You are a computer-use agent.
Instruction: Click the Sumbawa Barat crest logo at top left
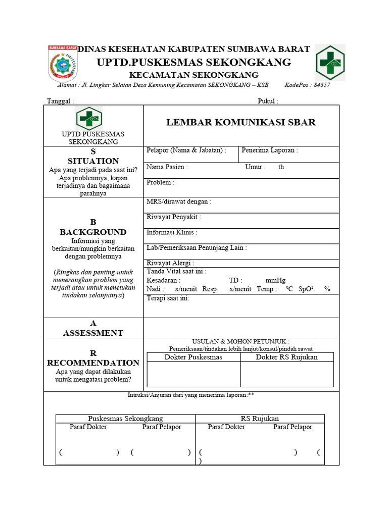(x=63, y=63)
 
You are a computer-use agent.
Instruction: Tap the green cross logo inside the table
(x=89, y=119)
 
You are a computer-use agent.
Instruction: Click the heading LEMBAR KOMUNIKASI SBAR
(x=241, y=122)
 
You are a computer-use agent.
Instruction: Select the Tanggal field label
(x=60, y=101)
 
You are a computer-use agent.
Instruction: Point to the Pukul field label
(x=268, y=101)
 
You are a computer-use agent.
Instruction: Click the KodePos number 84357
(x=322, y=85)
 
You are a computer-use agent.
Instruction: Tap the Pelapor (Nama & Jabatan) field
(x=186, y=150)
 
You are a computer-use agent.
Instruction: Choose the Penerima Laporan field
(x=269, y=150)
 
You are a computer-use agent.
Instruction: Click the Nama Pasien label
(x=167, y=167)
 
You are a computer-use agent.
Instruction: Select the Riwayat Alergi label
(x=170, y=263)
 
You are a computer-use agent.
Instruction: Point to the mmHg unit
(x=275, y=280)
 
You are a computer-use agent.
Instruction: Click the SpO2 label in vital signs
(x=307, y=289)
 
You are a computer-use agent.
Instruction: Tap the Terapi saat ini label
(x=168, y=298)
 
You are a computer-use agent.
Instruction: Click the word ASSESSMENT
(x=93, y=333)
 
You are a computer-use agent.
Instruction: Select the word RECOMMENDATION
(x=93, y=363)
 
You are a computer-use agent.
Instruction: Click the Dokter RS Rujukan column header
(x=286, y=357)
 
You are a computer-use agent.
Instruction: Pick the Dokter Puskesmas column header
(x=193, y=357)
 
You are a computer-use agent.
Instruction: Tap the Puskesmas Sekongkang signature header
(x=125, y=419)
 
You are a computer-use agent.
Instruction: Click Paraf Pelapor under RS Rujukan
(x=293, y=427)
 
